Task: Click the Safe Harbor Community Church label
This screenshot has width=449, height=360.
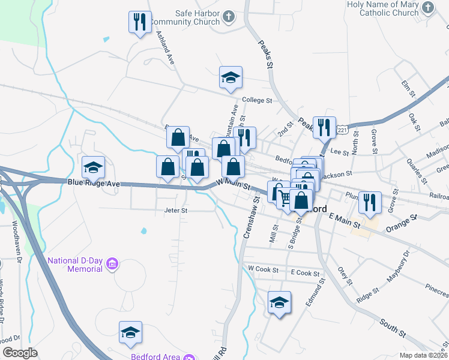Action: click(189, 17)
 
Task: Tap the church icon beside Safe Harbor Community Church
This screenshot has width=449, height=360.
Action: click(228, 16)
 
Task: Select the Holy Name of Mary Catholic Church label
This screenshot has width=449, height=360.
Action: click(383, 8)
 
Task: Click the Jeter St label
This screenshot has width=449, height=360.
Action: click(176, 211)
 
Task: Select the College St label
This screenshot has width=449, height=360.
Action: click(258, 101)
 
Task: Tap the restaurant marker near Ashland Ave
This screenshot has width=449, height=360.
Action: click(139, 22)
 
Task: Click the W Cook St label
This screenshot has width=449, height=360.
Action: click(264, 270)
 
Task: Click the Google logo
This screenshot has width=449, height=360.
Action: click(19, 353)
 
